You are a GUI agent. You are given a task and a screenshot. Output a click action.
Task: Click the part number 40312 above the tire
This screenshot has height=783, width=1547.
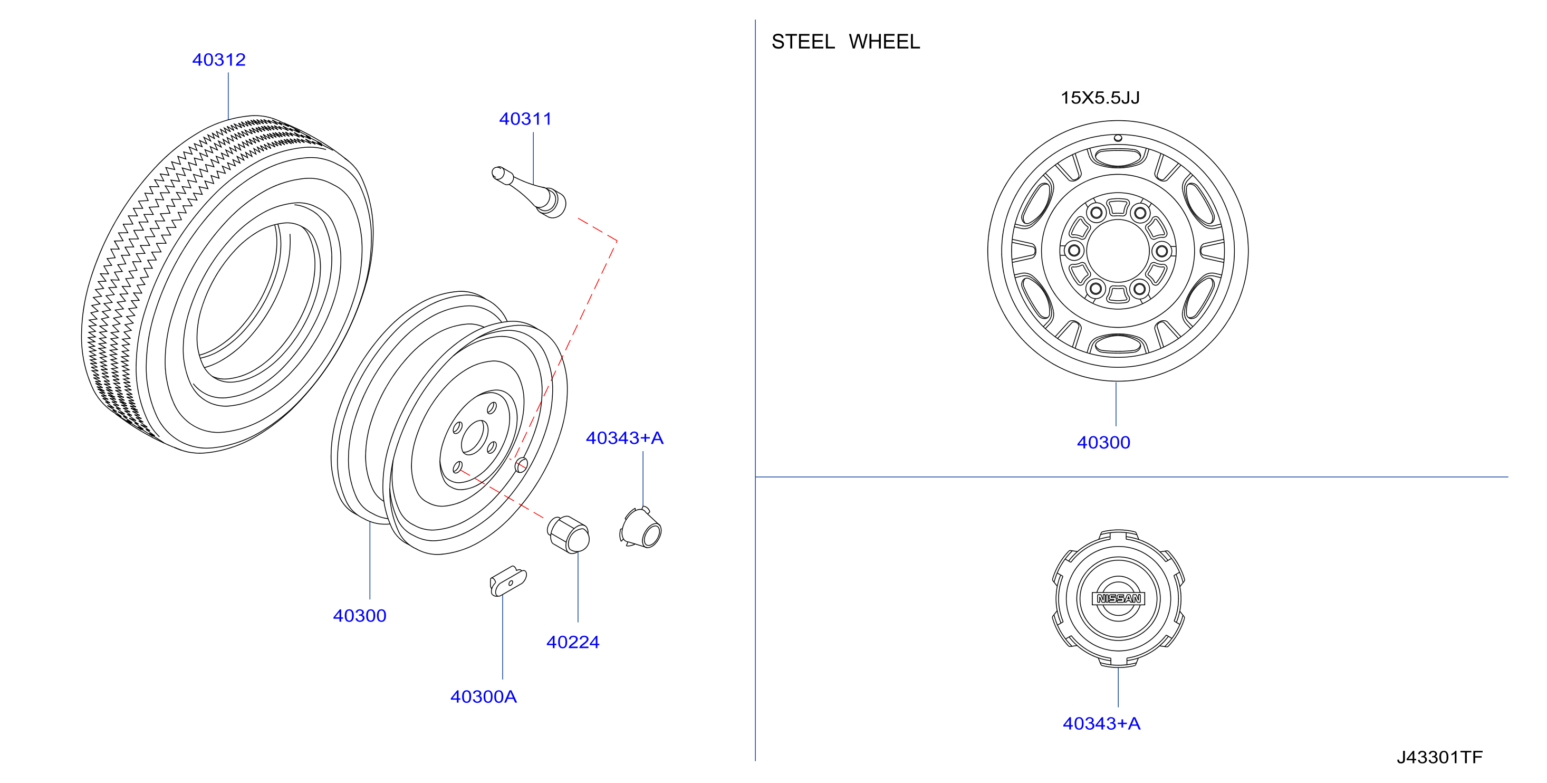pyautogui.click(x=218, y=60)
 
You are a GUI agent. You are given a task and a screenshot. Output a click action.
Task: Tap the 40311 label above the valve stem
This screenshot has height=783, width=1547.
pyautogui.click(x=525, y=119)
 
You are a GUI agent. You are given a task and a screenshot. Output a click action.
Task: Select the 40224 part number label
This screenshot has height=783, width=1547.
pyautogui.click(x=572, y=642)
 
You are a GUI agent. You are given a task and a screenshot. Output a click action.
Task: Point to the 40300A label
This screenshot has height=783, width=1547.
pyautogui.click(x=484, y=696)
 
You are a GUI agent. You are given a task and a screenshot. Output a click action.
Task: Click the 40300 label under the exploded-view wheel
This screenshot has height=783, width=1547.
pyautogui.click(x=359, y=615)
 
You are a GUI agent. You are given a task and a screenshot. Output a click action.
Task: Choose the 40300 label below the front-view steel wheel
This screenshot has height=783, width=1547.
pyautogui.click(x=1103, y=442)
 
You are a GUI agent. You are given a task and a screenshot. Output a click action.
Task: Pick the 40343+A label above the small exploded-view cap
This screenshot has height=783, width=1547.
pyautogui.click(x=624, y=437)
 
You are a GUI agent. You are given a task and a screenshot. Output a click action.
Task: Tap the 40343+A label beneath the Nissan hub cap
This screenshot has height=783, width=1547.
pyautogui.click(x=1101, y=723)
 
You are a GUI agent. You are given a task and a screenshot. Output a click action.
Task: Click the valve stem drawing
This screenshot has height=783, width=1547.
pyautogui.click(x=529, y=192)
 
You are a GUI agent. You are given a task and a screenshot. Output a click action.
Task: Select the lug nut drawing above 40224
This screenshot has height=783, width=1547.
pyautogui.click(x=568, y=534)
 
